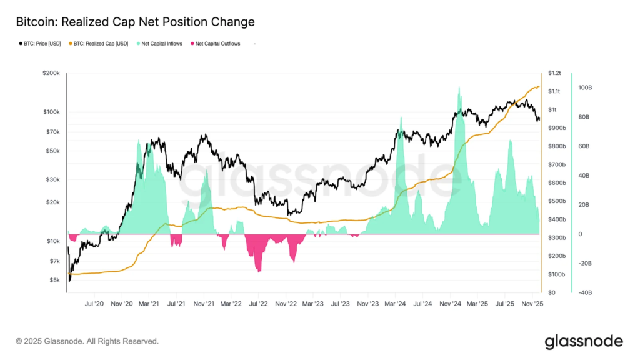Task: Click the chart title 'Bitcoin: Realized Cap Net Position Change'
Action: point(134,22)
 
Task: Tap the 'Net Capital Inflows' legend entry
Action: point(160,44)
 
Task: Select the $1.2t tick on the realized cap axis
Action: point(554,73)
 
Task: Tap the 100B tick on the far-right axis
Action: point(585,88)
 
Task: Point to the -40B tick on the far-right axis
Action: point(585,292)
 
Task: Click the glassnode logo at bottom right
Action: point(584,341)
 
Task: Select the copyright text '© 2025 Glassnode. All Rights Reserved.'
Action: point(87,342)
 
